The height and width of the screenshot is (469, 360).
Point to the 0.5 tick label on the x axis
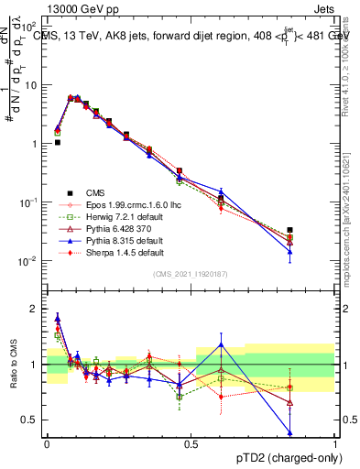pyautogui.click(x=191, y=443)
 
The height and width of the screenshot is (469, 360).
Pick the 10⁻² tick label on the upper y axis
pyautogui.click(x=29, y=261)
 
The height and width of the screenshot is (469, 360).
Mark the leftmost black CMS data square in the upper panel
pyautogui.click(x=57, y=142)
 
